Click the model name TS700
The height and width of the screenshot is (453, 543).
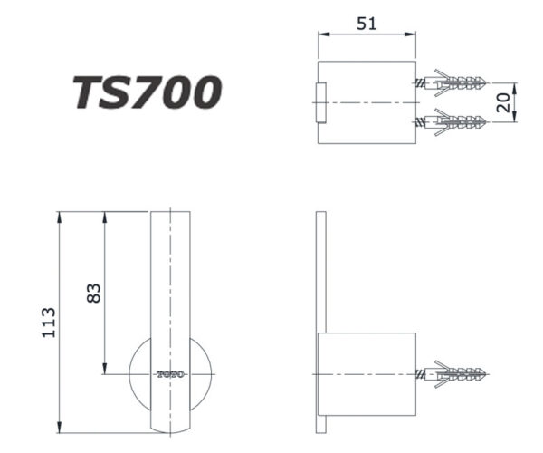pyautogui.click(x=147, y=92)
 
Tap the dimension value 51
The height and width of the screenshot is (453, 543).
pyautogui.click(x=367, y=24)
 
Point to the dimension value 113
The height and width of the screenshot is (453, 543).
pyautogui.click(x=49, y=323)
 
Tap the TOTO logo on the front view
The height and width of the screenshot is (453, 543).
pyautogui.click(x=171, y=373)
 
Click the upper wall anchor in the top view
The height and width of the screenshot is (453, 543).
pyautogui.click(x=453, y=82)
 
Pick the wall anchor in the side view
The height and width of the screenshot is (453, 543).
pyautogui.click(x=453, y=372)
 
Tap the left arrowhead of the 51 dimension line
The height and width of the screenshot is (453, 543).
pyautogui.click(x=321, y=35)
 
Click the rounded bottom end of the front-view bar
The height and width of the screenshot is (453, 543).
pyautogui.click(x=170, y=426)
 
